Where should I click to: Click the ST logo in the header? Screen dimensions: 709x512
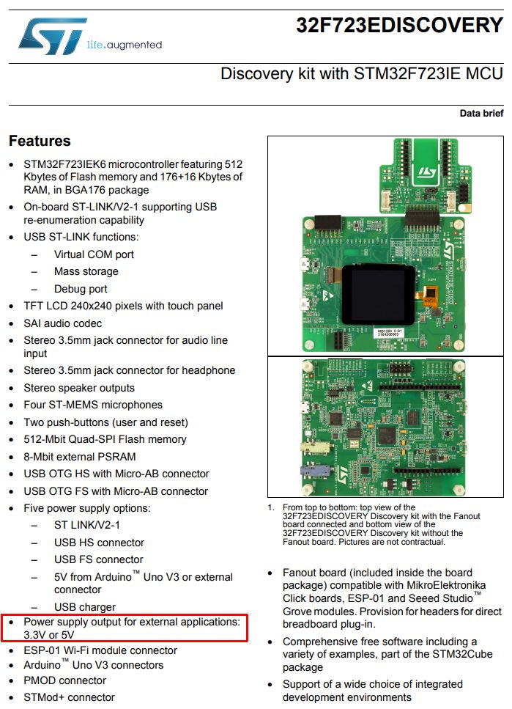coord(53,36)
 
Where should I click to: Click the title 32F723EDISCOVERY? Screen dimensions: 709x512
coord(399,26)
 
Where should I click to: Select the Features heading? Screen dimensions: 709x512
coord(40,141)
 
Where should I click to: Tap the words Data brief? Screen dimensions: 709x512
coord(481,113)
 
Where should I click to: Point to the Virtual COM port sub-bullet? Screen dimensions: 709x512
coord(94,254)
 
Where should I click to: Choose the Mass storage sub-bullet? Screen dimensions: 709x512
coord(86,271)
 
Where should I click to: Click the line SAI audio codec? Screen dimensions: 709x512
coord(62,323)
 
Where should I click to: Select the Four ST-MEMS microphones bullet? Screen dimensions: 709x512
coord(92,405)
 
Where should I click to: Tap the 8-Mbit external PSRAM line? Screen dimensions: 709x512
coord(89,456)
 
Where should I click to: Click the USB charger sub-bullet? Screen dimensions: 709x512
coord(84,607)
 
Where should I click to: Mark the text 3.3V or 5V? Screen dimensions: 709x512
coord(48,635)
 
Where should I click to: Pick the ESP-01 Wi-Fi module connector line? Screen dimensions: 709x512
coord(100,650)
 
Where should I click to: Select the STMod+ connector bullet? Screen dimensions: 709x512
coord(69,697)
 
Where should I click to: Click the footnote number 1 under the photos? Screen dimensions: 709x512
coord(270,507)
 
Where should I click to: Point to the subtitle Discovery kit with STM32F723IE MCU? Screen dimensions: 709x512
coord(361,74)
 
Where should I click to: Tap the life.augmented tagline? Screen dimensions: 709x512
coord(124,45)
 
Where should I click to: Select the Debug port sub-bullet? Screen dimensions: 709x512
coord(81,289)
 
